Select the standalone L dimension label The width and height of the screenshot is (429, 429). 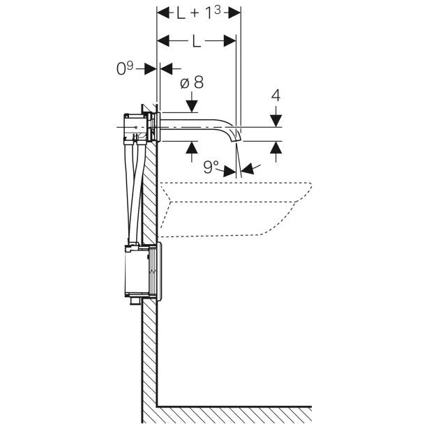point(196,42)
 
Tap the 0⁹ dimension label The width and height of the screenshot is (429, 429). point(125,68)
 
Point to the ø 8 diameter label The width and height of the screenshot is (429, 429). point(192,82)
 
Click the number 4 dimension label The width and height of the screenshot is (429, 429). point(276,96)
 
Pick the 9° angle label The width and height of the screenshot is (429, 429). point(211,166)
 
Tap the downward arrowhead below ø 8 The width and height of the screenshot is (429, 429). point(192,107)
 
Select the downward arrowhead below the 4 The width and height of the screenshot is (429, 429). point(276,121)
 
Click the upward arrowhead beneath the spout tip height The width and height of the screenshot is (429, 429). point(276,147)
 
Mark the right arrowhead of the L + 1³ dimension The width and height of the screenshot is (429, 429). point(234,13)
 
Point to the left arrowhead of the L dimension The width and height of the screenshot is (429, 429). point(163,41)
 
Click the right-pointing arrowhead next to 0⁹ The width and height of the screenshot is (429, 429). point(150,68)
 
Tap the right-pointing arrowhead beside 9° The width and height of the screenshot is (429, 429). point(229,172)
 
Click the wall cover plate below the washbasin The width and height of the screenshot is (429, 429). point(159,271)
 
